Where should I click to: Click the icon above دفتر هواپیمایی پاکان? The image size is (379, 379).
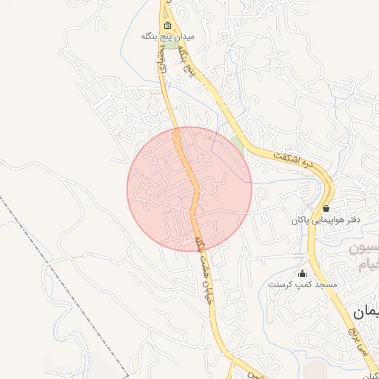[x=326, y=209]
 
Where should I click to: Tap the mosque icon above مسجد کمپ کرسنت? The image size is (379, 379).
[x=302, y=273]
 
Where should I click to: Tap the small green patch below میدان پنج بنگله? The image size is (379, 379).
[x=171, y=44]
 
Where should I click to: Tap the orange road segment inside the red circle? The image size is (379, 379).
[x=193, y=200]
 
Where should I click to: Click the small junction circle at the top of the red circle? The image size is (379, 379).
[x=176, y=136]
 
